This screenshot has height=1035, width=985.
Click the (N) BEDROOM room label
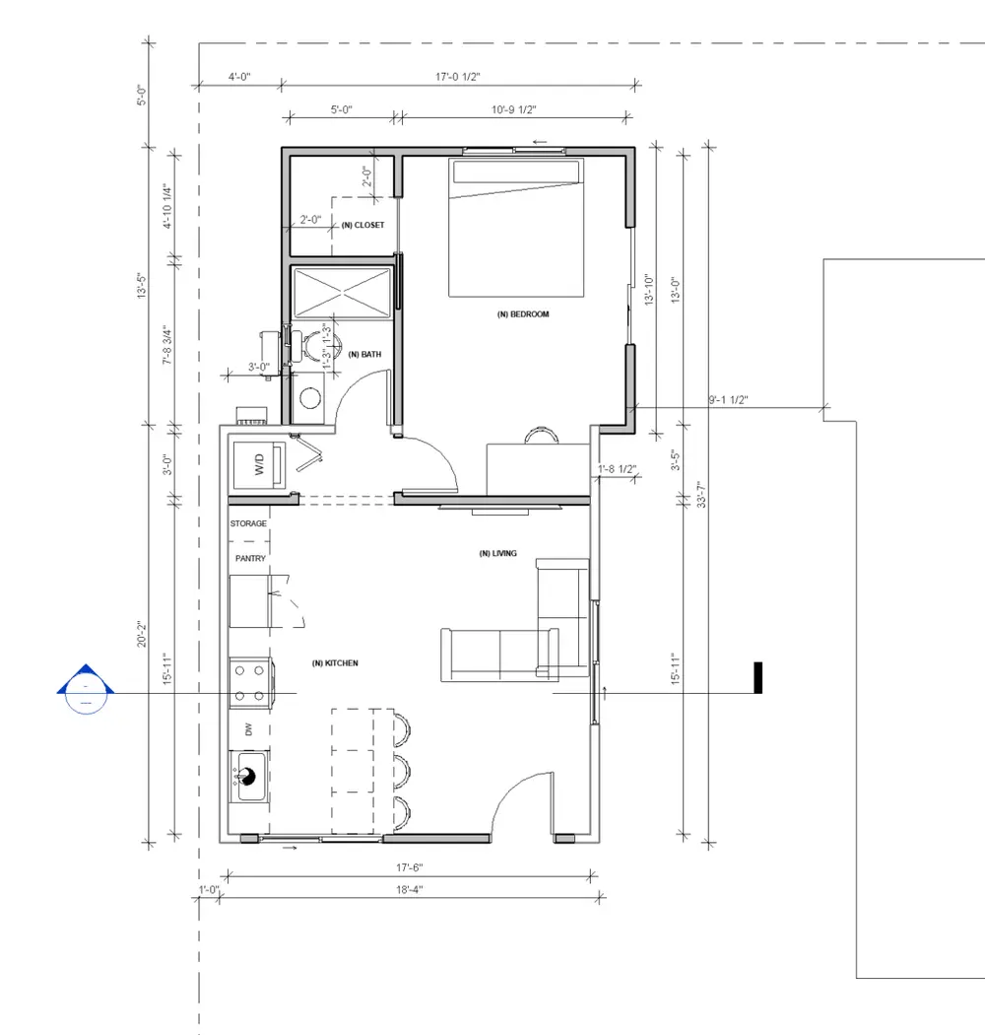click(522, 314)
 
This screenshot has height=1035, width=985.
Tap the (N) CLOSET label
click(362, 225)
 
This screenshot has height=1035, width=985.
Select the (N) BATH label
click(364, 355)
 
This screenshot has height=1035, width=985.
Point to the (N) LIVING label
click(498, 553)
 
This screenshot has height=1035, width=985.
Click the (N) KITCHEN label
click(335, 663)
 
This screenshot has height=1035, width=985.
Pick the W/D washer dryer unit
click(259, 464)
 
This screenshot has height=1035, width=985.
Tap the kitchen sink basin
click(249, 777)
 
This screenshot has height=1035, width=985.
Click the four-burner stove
click(251, 682)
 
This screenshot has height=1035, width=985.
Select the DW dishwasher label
click(249, 729)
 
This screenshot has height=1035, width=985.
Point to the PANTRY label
click(251, 559)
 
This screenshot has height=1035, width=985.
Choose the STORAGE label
click(249, 523)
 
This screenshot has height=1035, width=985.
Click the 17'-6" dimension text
click(409, 867)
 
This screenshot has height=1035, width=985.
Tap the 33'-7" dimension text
click(701, 494)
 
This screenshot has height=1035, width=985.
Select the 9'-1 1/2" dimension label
click(728, 400)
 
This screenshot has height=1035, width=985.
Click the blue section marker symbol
click(86, 689)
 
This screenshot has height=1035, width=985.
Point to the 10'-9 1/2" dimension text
click(514, 109)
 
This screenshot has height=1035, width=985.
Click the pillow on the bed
click(516, 171)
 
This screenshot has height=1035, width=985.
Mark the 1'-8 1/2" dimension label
click(618, 469)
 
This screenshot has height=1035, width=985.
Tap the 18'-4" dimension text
click(409, 890)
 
